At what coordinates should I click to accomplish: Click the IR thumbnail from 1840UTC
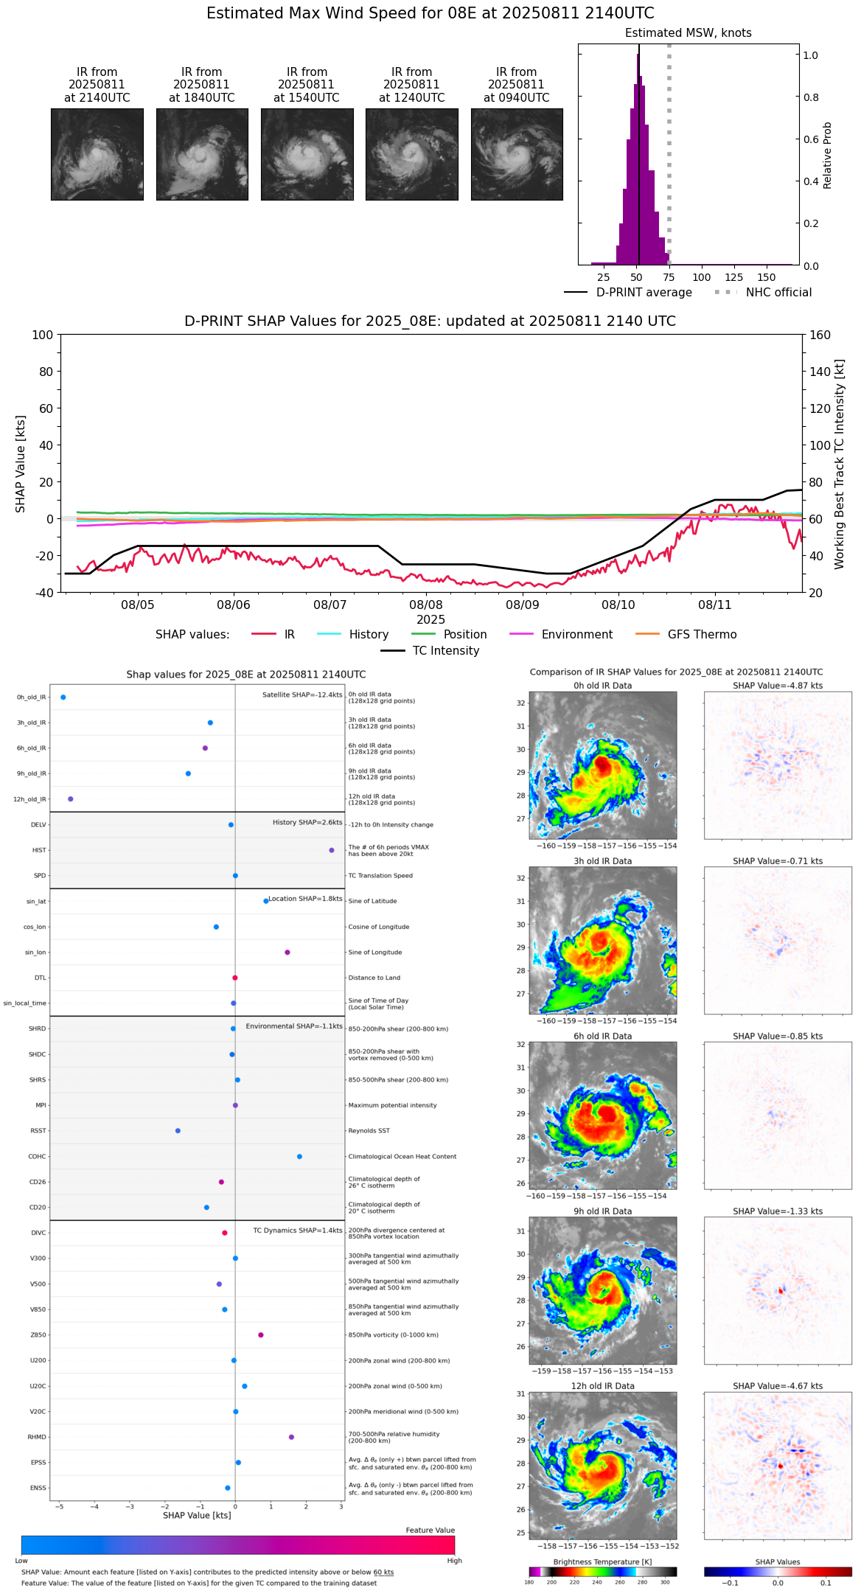click(202, 154)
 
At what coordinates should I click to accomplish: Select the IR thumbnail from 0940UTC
click(517, 154)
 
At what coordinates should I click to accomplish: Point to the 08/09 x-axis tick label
click(522, 605)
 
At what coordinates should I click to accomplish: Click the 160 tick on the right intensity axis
click(820, 335)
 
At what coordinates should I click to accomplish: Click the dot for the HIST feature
click(331, 850)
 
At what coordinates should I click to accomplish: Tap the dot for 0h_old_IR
click(63, 697)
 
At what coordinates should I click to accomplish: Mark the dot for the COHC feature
click(299, 1156)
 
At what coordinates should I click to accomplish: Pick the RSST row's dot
click(178, 1130)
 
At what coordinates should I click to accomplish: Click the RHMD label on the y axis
click(38, 1437)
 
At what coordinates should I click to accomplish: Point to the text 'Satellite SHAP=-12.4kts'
click(302, 694)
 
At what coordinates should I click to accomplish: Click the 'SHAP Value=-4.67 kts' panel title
click(778, 1386)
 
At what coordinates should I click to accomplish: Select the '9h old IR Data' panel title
click(602, 1211)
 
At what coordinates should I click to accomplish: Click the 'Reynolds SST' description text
click(369, 1130)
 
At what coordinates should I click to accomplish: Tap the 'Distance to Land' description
click(374, 978)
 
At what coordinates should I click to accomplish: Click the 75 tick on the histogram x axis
click(669, 277)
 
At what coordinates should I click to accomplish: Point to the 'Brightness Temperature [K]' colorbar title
click(602, 1562)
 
